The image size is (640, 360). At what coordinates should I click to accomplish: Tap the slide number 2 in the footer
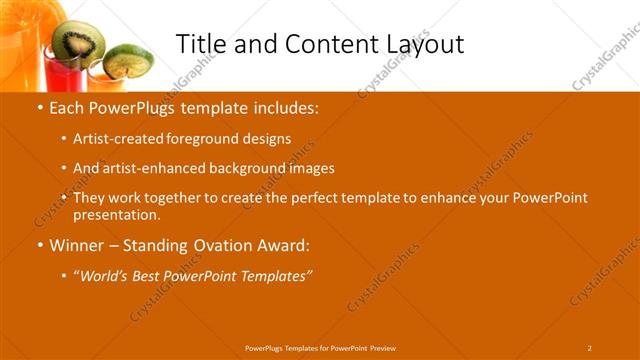tap(589, 348)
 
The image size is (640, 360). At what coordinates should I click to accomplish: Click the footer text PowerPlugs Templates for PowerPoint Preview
tap(320, 348)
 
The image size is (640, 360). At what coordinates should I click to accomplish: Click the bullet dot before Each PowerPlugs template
tap(40, 108)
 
